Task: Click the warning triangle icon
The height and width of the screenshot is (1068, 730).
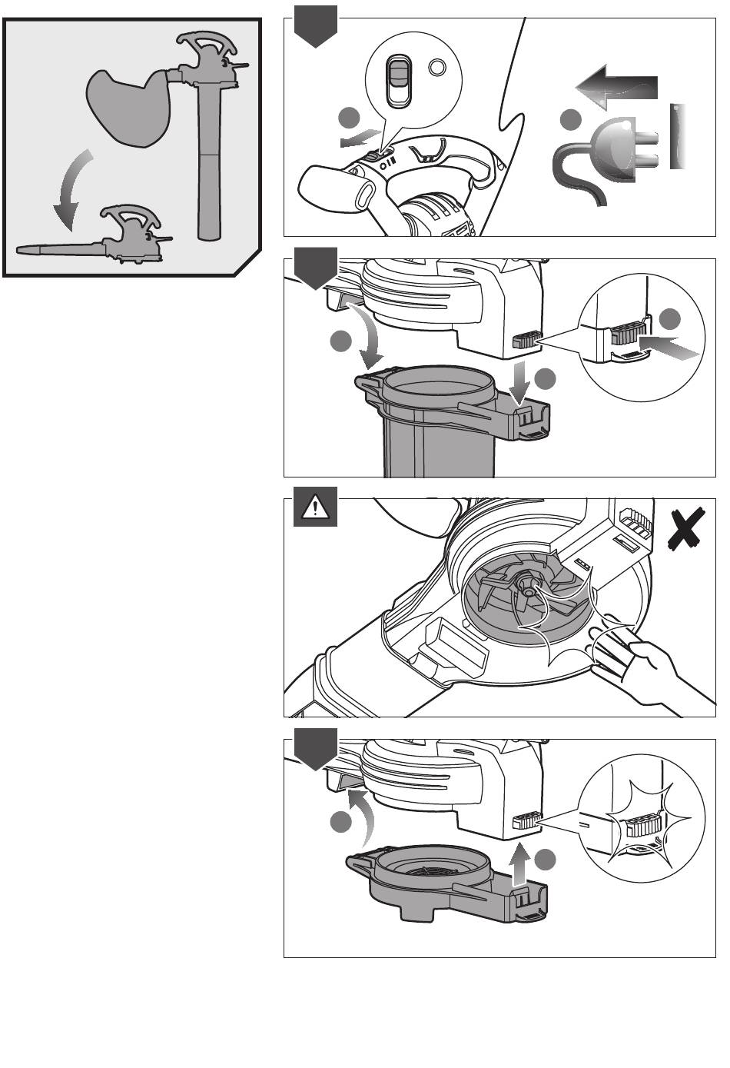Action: [x=315, y=507]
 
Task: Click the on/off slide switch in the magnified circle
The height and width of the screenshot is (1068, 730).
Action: [x=398, y=82]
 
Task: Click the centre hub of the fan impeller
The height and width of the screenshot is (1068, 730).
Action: [x=529, y=587]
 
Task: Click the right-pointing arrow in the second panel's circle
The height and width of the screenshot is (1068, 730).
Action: [x=669, y=348]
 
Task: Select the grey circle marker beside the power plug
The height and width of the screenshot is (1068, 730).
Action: [x=570, y=121]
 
